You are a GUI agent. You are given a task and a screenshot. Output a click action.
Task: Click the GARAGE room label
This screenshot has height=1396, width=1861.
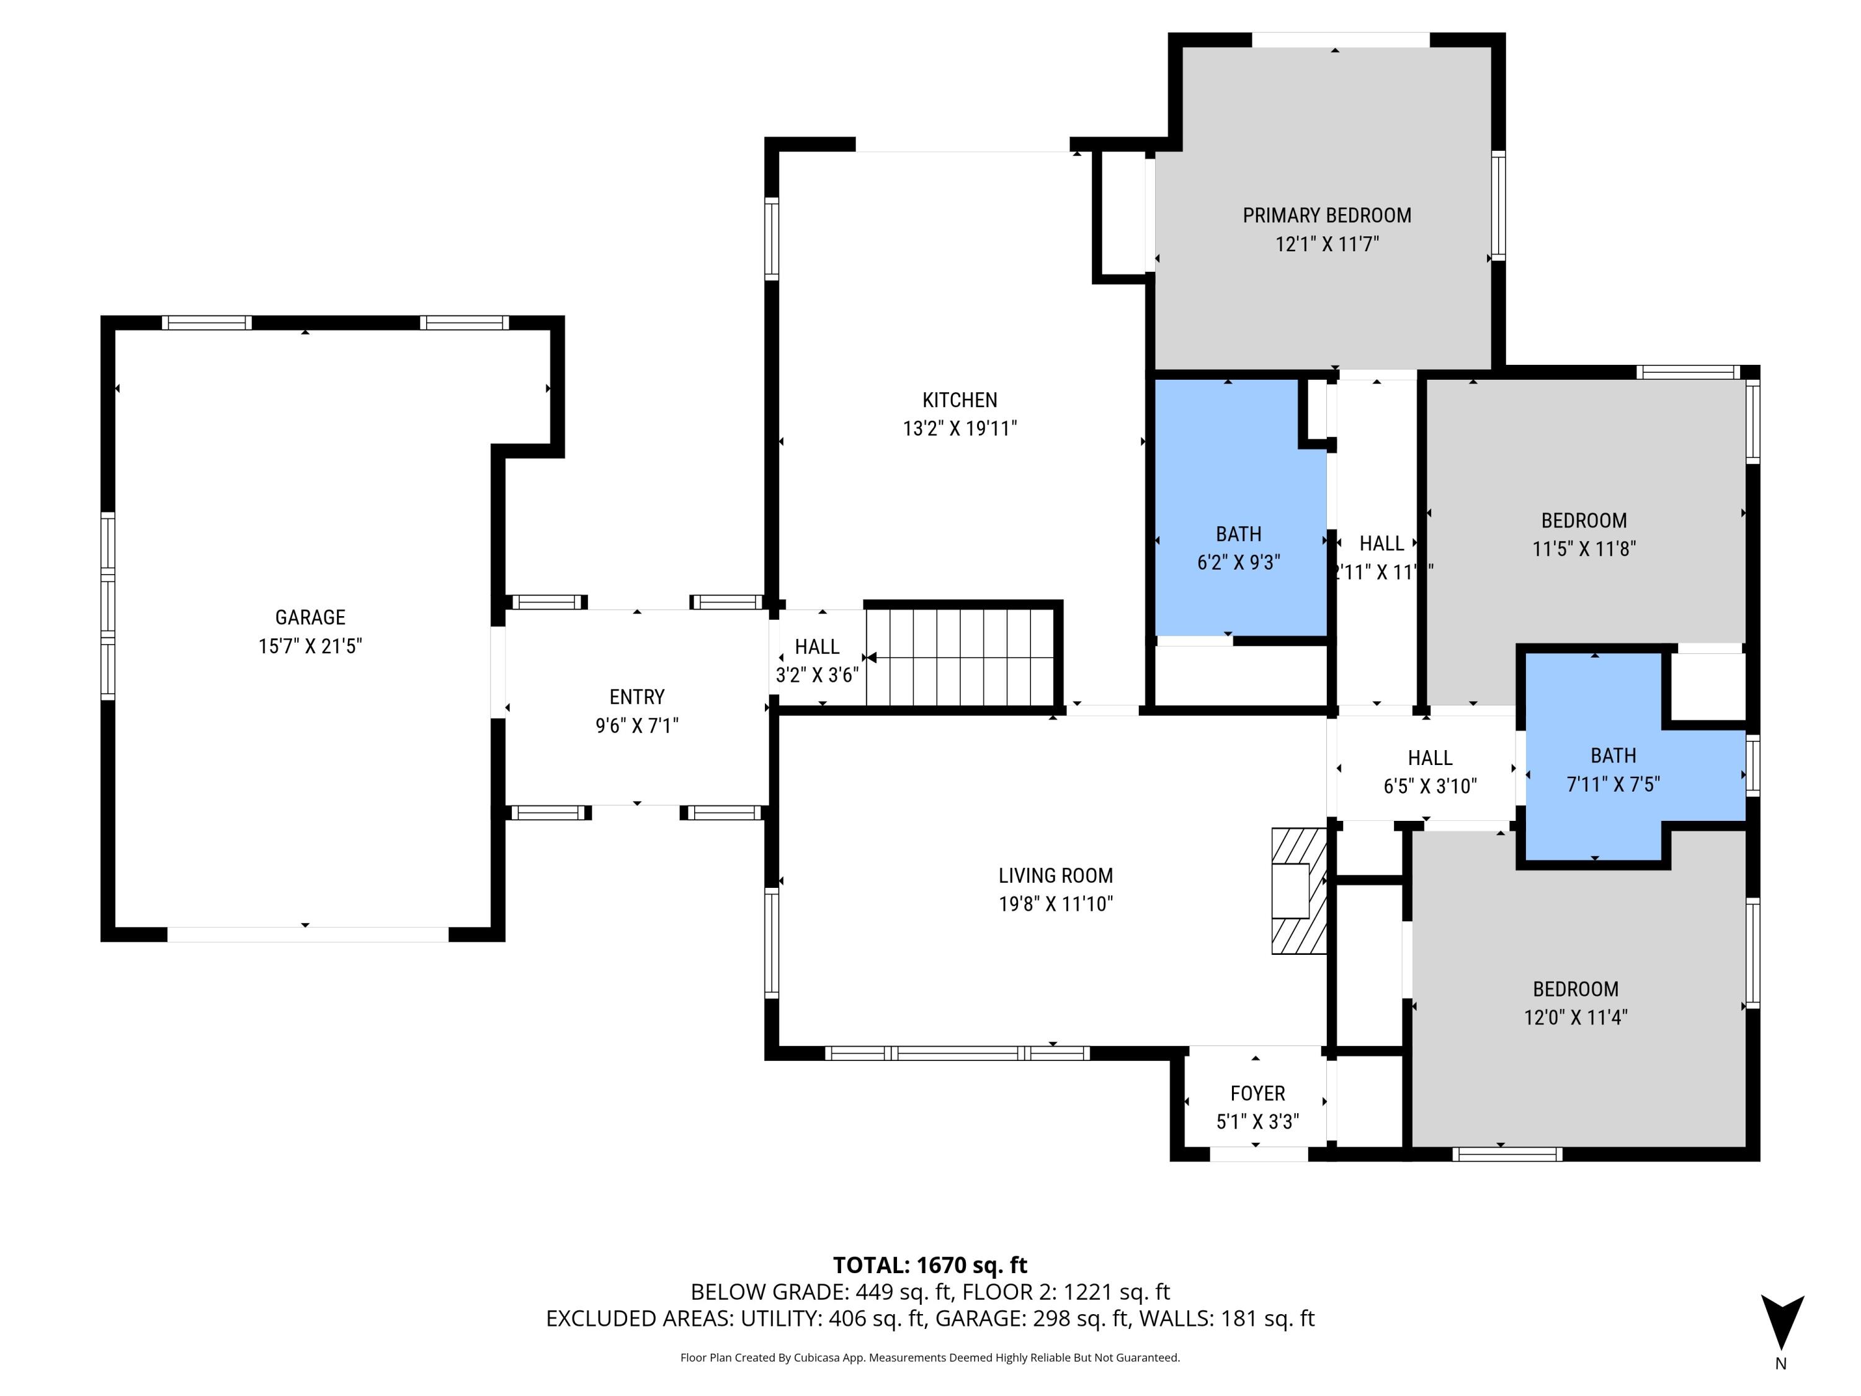(x=310, y=617)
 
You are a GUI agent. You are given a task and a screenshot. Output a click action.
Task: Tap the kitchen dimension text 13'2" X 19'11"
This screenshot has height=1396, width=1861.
(x=959, y=428)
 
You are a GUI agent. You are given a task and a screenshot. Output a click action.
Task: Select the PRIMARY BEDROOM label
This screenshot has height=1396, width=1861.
(x=1327, y=215)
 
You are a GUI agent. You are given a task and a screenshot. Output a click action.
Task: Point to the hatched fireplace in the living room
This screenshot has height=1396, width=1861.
(x=1298, y=891)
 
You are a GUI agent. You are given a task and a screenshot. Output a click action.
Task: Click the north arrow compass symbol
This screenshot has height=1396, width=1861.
(x=1782, y=1323)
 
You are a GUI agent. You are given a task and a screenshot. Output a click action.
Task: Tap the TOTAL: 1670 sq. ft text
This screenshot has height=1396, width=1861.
(x=930, y=1264)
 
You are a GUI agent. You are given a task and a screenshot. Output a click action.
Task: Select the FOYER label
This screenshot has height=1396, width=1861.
(x=1257, y=1093)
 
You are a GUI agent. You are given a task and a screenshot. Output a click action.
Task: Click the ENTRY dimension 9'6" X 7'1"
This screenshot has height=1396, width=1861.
(x=637, y=725)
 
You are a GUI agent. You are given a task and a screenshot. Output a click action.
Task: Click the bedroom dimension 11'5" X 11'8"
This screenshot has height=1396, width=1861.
(x=1583, y=548)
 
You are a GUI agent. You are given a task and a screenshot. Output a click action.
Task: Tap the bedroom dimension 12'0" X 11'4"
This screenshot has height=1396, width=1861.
(x=1575, y=1018)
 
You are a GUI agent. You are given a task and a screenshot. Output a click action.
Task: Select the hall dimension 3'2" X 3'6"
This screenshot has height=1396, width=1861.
(x=817, y=675)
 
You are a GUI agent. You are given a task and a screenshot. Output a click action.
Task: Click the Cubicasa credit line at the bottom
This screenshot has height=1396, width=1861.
(x=930, y=1358)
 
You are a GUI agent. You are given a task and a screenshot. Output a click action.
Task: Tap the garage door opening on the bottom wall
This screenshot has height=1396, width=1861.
(x=307, y=934)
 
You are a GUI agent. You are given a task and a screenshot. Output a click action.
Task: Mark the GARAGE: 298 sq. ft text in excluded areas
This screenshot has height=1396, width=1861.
(x=1033, y=1318)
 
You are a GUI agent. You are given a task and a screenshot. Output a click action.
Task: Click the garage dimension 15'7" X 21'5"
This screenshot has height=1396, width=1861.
(x=310, y=647)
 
